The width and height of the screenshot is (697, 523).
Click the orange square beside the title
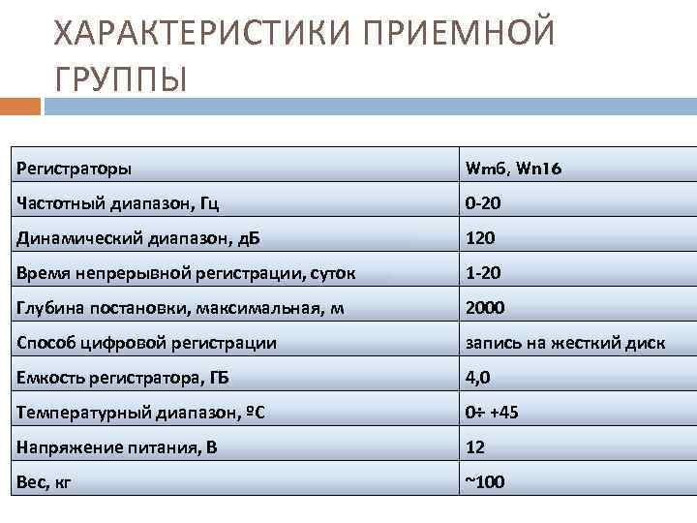tap(20, 106)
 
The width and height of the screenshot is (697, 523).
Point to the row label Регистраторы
tap(74, 169)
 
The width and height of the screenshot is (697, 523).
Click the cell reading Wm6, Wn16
tap(513, 169)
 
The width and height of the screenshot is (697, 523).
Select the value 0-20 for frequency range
tap(483, 203)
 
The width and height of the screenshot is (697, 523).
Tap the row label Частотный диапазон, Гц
tap(117, 203)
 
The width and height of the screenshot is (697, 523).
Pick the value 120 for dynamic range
tap(480, 238)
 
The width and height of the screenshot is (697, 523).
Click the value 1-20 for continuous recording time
tap(483, 273)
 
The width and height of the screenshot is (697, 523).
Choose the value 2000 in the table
tap(485, 308)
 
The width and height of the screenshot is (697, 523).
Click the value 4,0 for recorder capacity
tap(479, 378)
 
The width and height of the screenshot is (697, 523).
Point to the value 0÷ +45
tap(492, 413)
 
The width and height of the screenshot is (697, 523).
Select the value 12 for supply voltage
tap(475, 447)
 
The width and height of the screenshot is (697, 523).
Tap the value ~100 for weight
tap(485, 481)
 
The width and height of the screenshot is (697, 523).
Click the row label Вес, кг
tap(45, 481)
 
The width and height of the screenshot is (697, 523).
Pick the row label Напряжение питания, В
tap(115, 447)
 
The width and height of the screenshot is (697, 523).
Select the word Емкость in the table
tap(47, 378)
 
